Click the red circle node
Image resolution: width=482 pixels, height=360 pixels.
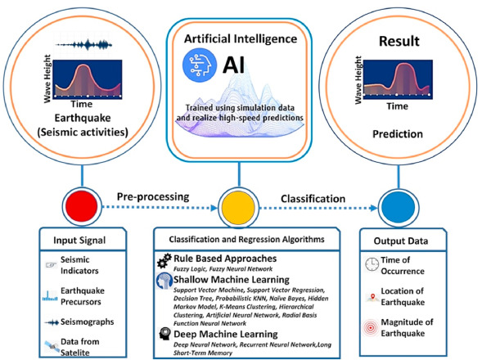click(82, 206)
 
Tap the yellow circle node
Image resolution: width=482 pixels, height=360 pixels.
click(238, 207)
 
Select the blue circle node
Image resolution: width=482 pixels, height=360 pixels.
click(398, 207)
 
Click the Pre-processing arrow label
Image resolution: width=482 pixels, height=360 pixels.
click(153, 197)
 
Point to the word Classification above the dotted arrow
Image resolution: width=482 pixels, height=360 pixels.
click(313, 199)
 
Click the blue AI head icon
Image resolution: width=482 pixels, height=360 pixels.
click(199, 65)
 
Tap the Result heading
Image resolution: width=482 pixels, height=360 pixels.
click(399, 41)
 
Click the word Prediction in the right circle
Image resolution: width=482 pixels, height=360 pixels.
click(398, 134)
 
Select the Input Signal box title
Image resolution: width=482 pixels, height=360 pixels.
click(79, 240)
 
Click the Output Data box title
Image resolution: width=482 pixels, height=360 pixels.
click(401, 241)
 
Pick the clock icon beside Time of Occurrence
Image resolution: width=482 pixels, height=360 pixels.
click(372, 264)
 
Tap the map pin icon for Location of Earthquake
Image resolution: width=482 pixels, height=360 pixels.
click(373, 297)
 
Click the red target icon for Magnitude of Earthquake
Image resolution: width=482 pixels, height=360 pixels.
click(371, 328)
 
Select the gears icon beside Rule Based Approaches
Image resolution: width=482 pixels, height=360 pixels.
click(164, 261)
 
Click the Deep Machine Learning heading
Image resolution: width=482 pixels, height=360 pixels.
click(226, 334)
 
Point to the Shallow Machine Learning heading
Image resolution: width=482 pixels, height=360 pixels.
click(232, 280)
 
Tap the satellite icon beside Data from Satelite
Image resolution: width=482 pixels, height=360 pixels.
click(52, 346)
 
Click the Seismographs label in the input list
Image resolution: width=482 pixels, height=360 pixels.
click(87, 322)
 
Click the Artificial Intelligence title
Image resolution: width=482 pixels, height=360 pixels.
click(241, 39)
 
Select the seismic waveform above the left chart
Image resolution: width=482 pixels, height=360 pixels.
click(84, 45)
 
